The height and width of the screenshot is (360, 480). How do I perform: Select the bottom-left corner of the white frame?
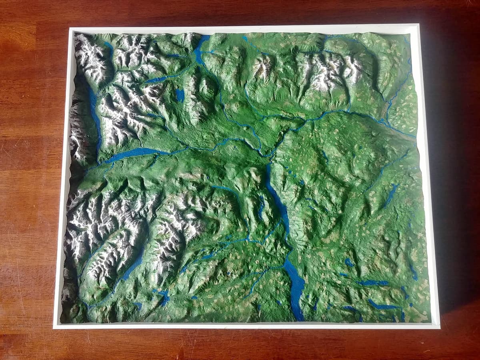tap(54, 328)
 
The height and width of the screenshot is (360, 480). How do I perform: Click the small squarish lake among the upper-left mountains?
tap(180, 95)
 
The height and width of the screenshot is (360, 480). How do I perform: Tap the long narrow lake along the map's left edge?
tap(95, 116)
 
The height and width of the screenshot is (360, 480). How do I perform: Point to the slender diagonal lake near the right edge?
tap(390, 196)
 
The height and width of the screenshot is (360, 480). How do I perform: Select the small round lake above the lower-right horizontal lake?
tap(349, 262)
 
